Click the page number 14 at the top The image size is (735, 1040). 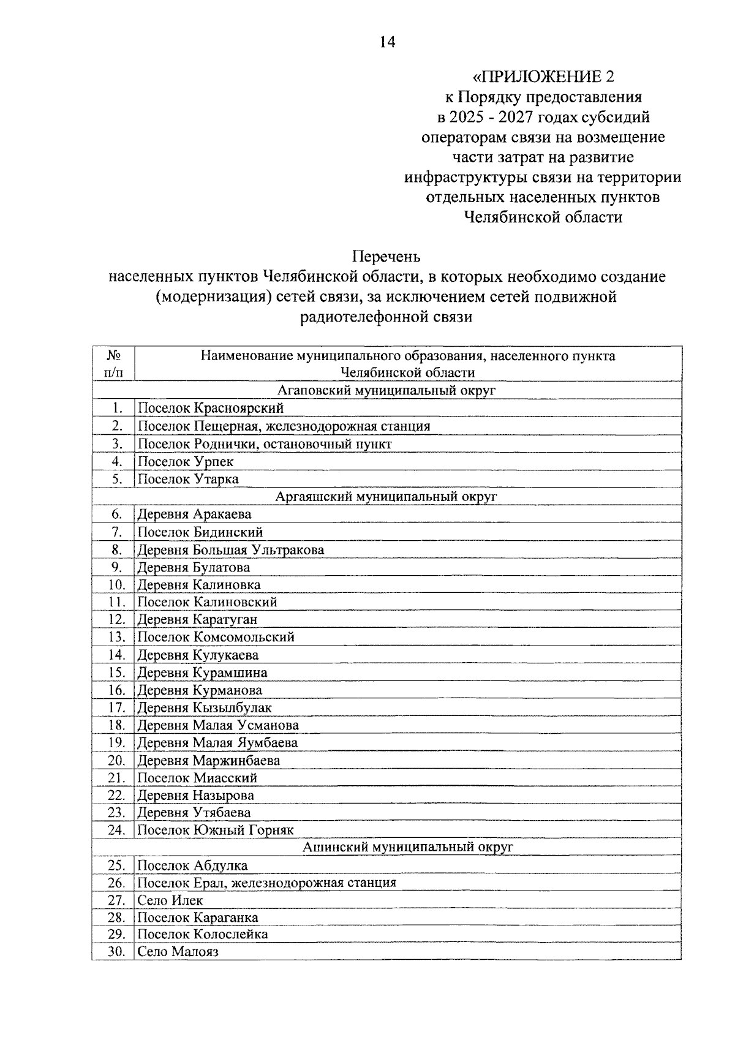click(x=387, y=42)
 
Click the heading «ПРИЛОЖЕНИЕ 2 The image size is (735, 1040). click(x=543, y=77)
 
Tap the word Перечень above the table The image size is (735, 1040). click(x=386, y=256)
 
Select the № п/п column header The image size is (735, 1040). click(x=113, y=364)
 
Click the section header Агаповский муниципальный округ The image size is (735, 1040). click(x=386, y=390)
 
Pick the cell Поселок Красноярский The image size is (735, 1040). click(x=211, y=408)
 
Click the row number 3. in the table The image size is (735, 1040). click(x=117, y=443)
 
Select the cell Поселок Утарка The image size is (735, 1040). click(x=188, y=479)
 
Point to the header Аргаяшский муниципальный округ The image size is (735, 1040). click(x=386, y=496)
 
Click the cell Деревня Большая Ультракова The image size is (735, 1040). click(x=231, y=550)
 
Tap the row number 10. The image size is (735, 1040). click(x=116, y=585)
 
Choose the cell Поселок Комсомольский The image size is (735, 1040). click(x=216, y=637)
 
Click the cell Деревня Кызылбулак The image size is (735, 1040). click(x=205, y=708)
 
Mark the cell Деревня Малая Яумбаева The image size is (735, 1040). click(x=217, y=743)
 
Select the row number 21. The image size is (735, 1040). click(x=116, y=778)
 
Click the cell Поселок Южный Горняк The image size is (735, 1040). click(x=216, y=831)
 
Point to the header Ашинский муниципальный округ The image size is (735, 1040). click(x=408, y=847)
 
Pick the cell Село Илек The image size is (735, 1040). click(x=170, y=900)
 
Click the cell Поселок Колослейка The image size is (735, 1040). click(x=203, y=935)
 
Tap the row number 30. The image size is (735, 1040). click(x=116, y=952)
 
